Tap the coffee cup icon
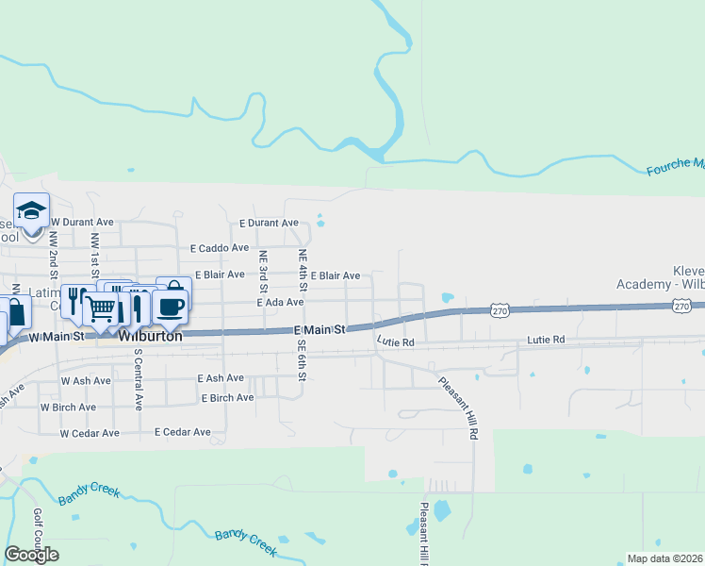(170, 306)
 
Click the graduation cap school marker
(31, 210)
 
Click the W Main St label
(59, 336)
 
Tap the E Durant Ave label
(269, 224)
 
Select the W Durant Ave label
(82, 223)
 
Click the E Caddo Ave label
(218, 249)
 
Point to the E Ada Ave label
(280, 303)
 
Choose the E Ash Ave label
(221, 378)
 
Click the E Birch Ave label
(227, 398)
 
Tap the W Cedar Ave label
(90, 434)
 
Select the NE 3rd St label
(264, 269)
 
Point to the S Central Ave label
(138, 380)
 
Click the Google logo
(31, 555)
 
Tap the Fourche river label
(675, 167)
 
